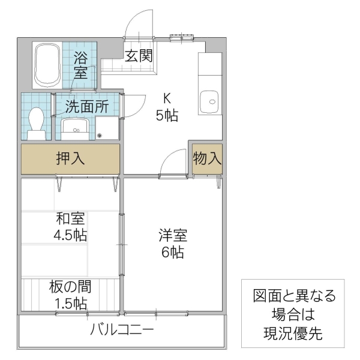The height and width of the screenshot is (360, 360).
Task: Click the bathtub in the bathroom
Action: tap(46, 64)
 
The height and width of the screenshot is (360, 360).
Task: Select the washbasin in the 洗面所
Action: tap(76, 127)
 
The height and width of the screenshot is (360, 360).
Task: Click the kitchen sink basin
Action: tap(211, 100)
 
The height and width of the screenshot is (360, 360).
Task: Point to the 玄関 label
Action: tap(139, 56)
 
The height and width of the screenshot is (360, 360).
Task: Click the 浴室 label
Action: tap(80, 66)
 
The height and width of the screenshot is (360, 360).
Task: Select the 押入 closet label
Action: tap(70, 159)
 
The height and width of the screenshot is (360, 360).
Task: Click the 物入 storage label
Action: tap(208, 159)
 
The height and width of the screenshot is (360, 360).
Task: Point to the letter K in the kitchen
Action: tap(168, 98)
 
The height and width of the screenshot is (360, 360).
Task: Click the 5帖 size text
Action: tap(167, 116)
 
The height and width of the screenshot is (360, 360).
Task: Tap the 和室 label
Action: tap(70, 220)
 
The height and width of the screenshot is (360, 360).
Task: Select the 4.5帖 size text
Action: tap(70, 235)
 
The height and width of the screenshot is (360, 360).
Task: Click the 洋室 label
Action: tap(172, 235)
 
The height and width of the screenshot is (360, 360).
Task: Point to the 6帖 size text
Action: tap(172, 252)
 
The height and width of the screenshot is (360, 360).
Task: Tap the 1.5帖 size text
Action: tap(71, 302)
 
